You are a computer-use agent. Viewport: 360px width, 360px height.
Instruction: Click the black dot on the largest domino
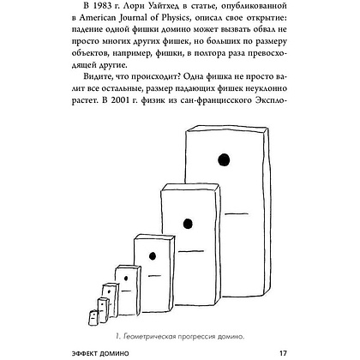click(x=226, y=156)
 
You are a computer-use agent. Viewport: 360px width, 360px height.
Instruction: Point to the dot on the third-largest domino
click(x=153, y=255)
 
